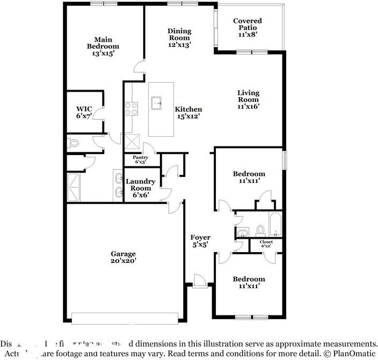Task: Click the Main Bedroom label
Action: pyautogui.click(x=102, y=46)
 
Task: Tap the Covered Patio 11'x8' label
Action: pyautogui.click(x=248, y=27)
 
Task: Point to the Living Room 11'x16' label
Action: pyautogui.click(x=249, y=99)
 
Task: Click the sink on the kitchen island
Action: pyautogui.click(x=157, y=102)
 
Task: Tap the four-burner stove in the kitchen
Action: pyautogui.click(x=131, y=109)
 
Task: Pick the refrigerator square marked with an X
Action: pyautogui.click(x=131, y=141)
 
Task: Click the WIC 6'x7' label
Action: pyautogui.click(x=84, y=112)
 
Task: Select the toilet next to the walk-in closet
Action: pyautogui.click(x=74, y=143)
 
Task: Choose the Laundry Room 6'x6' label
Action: pyautogui.click(x=141, y=188)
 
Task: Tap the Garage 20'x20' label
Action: pyautogui.click(x=123, y=258)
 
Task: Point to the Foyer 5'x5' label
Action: pyautogui.click(x=200, y=241)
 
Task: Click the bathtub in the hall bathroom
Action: pyautogui.click(x=274, y=224)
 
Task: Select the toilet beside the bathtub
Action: pyautogui.click(x=261, y=230)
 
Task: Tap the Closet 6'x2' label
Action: pyautogui.click(x=266, y=244)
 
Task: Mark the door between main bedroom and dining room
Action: pyautogui.click(x=139, y=67)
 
